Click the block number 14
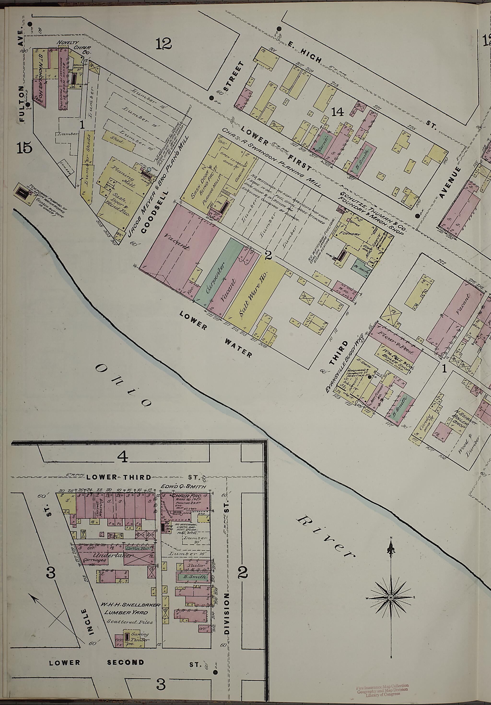(x=338, y=113)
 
